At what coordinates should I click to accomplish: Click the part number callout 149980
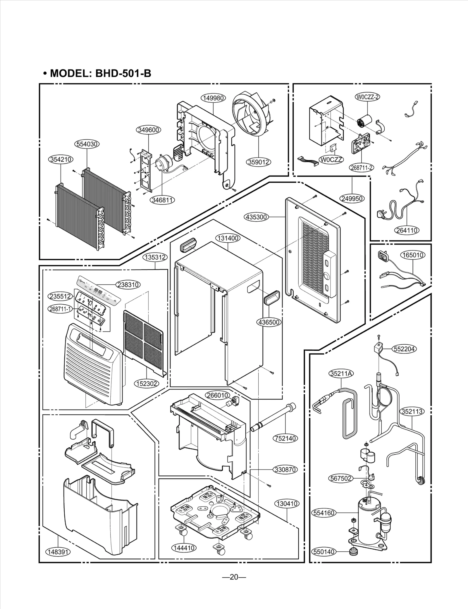coord(213,98)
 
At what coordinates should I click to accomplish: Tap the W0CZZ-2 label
coord(367,97)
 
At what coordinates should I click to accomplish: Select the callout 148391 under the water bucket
coord(58,552)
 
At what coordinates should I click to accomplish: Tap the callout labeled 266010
coord(217,395)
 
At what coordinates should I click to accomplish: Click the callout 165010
coord(412,255)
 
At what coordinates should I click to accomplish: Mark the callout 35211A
coord(341,373)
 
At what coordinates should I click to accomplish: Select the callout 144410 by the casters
coord(184,548)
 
